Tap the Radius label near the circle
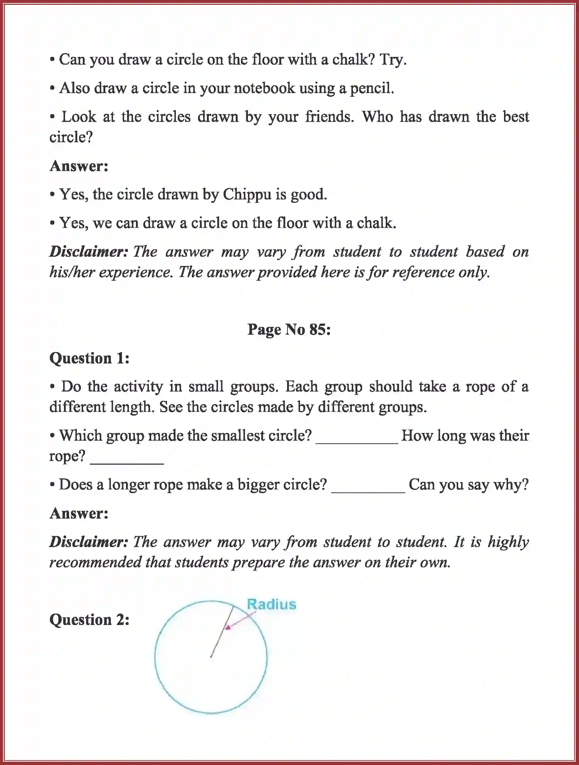[272, 604]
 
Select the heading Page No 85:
[289, 329]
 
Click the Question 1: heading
[89, 358]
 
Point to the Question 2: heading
[89, 620]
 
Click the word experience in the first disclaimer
[135, 273]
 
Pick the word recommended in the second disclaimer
[94, 563]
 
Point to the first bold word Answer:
[79, 166]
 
